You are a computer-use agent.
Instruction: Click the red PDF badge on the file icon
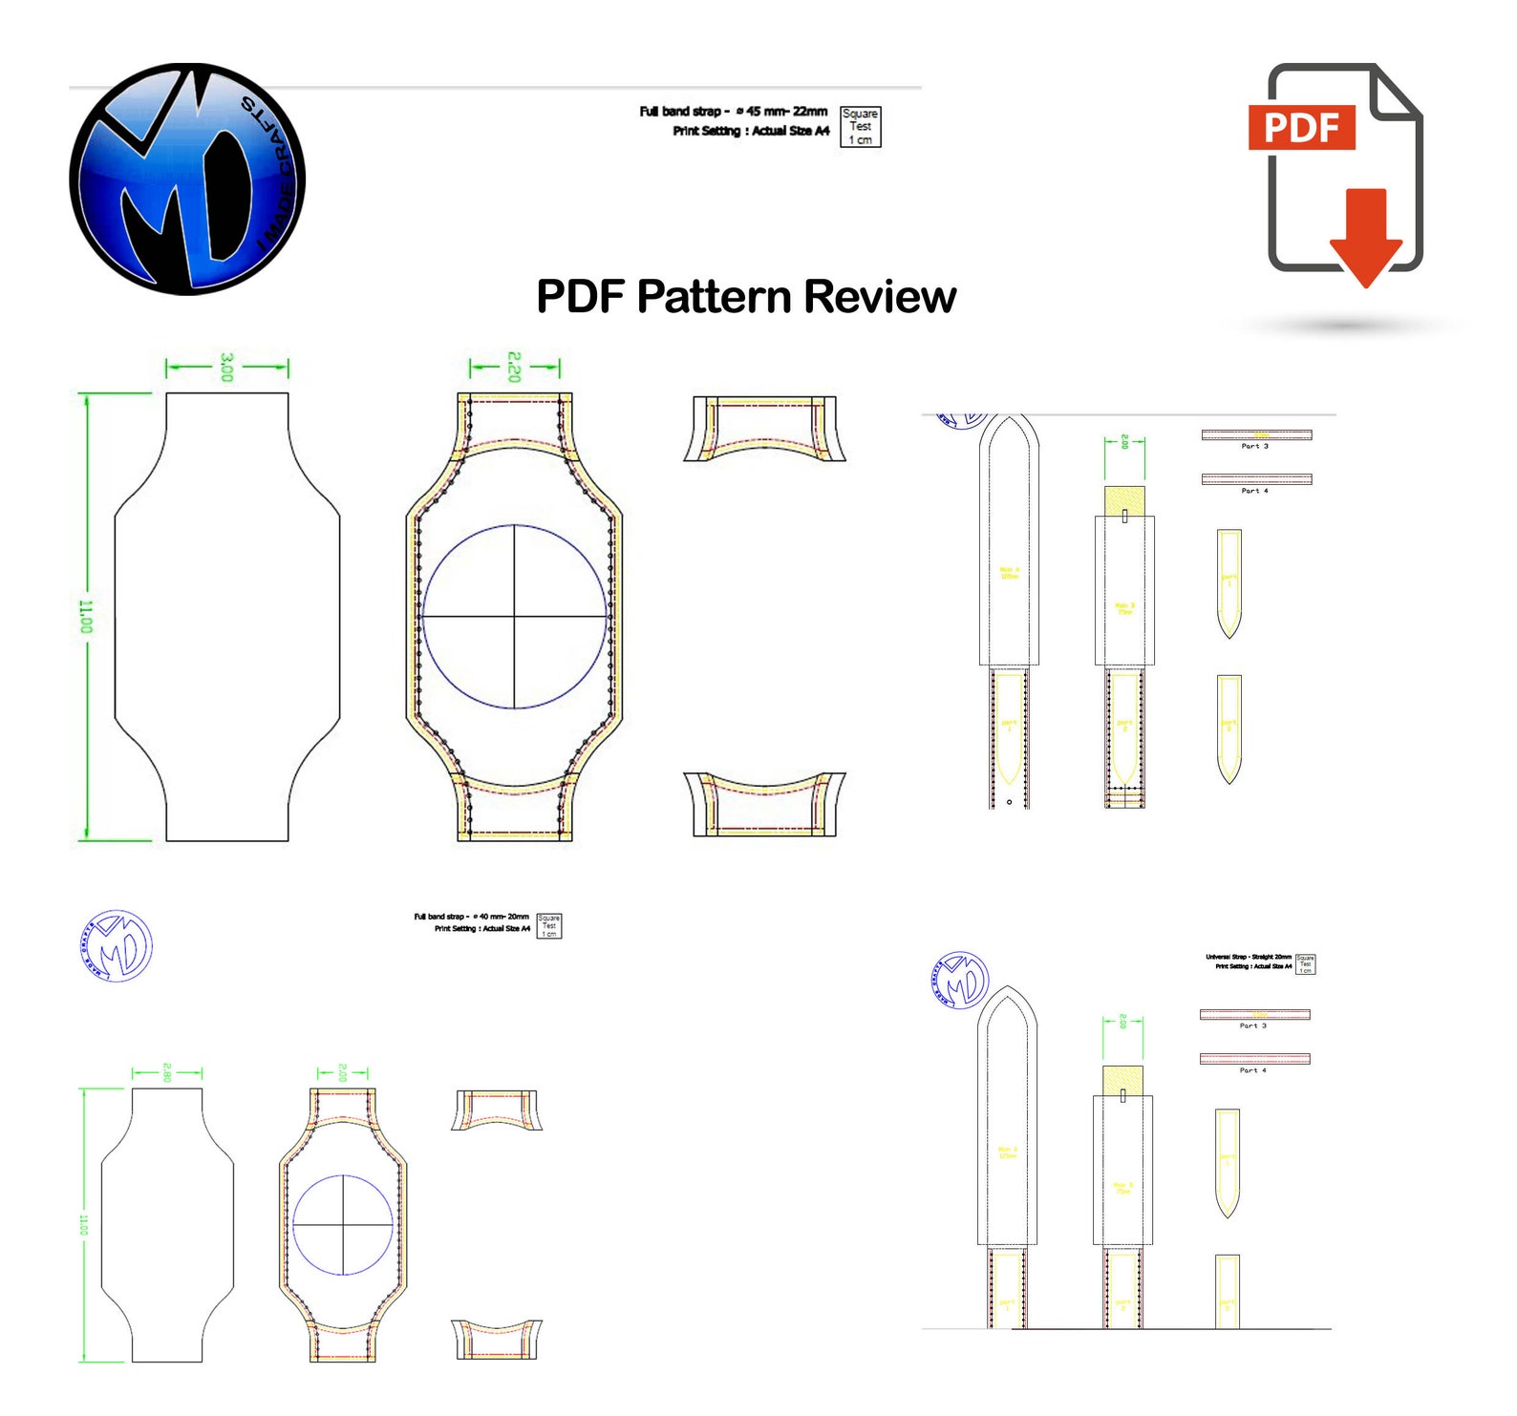[1301, 127]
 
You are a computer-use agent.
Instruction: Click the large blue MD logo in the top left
[187, 179]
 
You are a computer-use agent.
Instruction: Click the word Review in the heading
[879, 297]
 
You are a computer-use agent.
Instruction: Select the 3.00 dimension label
[226, 367]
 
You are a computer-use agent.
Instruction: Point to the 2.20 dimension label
[514, 367]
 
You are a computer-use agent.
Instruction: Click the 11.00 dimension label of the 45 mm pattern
[86, 617]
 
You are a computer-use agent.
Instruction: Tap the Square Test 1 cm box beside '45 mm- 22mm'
[860, 127]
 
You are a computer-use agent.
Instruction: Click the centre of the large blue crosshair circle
[515, 617]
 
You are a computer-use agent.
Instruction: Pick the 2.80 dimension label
[167, 1072]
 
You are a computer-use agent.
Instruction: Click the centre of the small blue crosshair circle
[343, 1224]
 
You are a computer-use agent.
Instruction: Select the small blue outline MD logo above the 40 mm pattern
[117, 946]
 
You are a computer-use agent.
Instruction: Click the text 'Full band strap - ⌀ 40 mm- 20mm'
[471, 917]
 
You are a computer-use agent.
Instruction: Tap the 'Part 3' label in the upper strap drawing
[1254, 446]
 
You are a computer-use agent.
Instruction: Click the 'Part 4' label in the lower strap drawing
[1252, 1070]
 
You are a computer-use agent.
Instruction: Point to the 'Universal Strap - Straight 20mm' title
[1248, 957]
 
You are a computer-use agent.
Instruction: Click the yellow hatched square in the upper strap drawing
[1124, 499]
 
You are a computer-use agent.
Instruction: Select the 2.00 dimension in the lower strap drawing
[1122, 1022]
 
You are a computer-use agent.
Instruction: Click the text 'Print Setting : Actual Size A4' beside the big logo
[751, 132]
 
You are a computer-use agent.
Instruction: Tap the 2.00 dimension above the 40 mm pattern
[342, 1072]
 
